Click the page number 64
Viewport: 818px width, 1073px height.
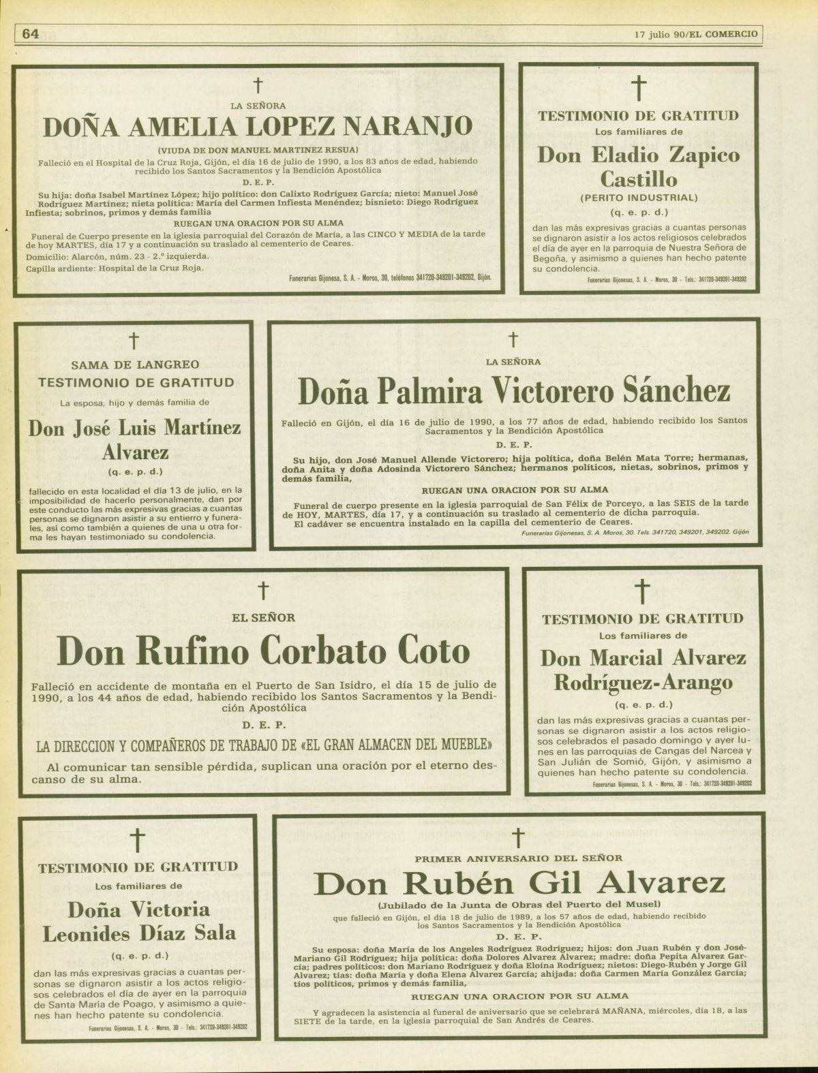click(x=31, y=33)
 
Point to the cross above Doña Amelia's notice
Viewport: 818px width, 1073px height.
click(x=258, y=86)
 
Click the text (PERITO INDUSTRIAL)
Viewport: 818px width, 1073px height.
click(x=639, y=198)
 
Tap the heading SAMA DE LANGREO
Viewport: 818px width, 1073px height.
click(x=135, y=365)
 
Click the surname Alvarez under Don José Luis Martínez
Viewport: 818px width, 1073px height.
click(x=135, y=452)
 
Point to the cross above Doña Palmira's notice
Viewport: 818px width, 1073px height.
click(x=513, y=339)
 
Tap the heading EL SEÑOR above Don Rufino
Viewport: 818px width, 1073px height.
click(x=264, y=618)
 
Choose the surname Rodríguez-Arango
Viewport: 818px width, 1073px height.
click(x=643, y=682)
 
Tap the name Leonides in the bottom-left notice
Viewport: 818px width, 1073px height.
click(x=93, y=934)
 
